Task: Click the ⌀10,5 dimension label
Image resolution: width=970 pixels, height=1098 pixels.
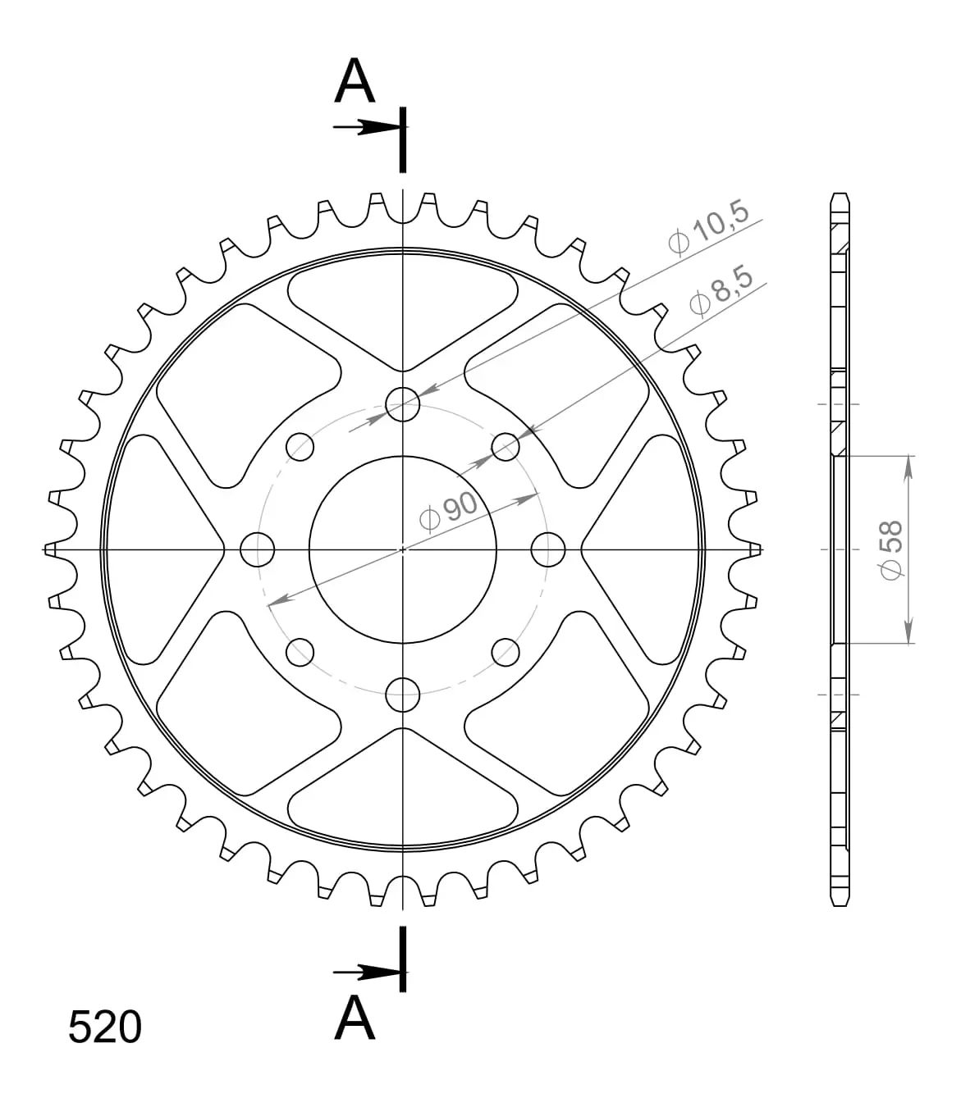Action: (708, 227)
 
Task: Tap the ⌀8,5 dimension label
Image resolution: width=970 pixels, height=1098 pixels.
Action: (721, 290)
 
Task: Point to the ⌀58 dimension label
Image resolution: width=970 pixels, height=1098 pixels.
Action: (890, 550)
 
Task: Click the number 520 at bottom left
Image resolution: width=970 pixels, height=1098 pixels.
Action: (105, 1027)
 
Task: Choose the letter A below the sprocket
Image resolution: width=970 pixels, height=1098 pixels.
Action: (355, 1018)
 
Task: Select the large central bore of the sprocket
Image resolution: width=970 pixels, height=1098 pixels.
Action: (403, 549)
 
